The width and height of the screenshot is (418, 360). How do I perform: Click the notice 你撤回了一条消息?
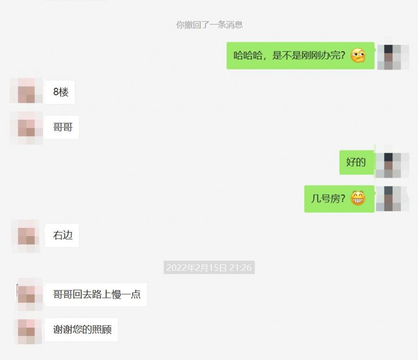click(210, 25)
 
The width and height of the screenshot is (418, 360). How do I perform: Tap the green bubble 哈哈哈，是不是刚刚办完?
click(300, 55)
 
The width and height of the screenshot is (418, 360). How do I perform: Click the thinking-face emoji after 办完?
click(358, 55)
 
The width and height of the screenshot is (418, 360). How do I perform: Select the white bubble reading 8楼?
click(60, 92)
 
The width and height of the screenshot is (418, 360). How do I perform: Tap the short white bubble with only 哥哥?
click(62, 127)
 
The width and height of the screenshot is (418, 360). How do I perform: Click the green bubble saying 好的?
click(357, 162)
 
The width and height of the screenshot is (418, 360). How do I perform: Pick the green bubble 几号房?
click(339, 199)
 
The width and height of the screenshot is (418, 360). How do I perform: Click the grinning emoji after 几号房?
click(358, 198)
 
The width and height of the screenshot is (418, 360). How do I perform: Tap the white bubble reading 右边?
click(62, 235)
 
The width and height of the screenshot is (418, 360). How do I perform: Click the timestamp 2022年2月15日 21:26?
click(209, 268)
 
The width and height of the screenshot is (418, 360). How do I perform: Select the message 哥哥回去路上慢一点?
click(96, 294)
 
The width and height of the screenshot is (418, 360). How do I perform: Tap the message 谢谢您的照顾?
click(82, 330)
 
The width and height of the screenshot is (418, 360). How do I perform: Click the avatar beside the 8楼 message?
click(27, 91)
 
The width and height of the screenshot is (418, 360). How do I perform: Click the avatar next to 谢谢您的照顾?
click(28, 331)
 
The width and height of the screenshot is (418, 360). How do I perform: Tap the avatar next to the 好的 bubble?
click(392, 162)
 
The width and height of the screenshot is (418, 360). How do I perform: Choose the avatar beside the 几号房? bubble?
click(392, 199)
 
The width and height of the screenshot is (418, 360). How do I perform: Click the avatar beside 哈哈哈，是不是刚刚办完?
click(392, 57)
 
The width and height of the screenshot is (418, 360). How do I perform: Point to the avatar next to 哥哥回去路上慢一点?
click(29, 294)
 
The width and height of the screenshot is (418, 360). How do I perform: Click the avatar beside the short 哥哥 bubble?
click(27, 128)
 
